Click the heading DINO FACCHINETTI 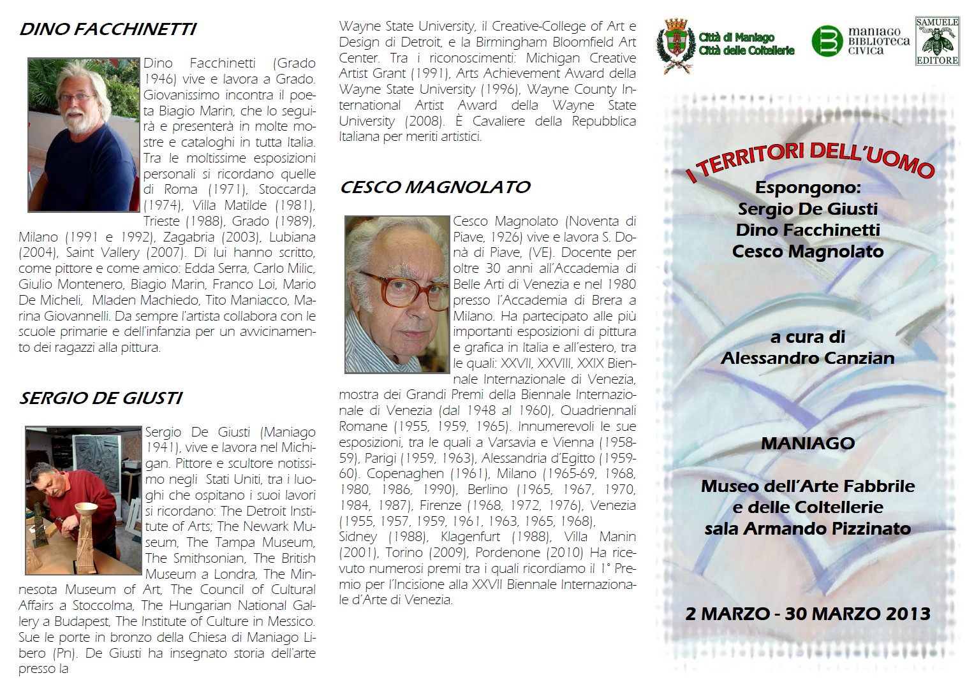pyautogui.click(x=107, y=29)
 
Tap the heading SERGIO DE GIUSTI pyautogui.click(x=101, y=398)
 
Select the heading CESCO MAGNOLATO pyautogui.click(x=435, y=187)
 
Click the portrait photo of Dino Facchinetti pyautogui.click(x=84, y=135)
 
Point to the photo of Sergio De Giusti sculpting pyautogui.click(x=84, y=500)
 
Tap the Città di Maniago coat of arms pyautogui.click(x=675, y=43)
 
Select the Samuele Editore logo pyautogui.click(x=937, y=41)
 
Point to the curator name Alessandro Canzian pyautogui.click(x=808, y=358)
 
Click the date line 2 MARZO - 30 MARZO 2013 pyautogui.click(x=808, y=614)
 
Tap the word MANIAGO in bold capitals pyautogui.click(x=808, y=443)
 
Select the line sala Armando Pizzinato pyautogui.click(x=808, y=528)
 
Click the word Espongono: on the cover pyautogui.click(x=808, y=188)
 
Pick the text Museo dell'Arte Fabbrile pyautogui.click(x=808, y=486)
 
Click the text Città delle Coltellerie pyautogui.click(x=746, y=50)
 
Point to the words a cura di pyautogui.click(x=808, y=337)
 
